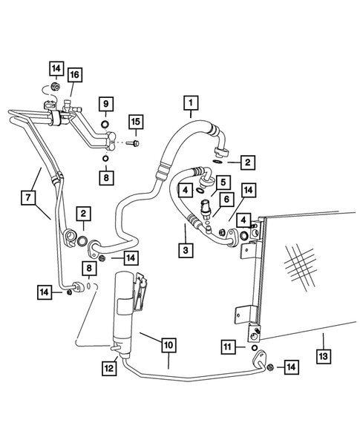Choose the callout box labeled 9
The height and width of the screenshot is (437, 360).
click(105, 102)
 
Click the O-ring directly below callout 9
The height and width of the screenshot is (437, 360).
click(105, 122)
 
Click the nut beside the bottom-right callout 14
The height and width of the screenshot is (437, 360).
click(271, 367)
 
